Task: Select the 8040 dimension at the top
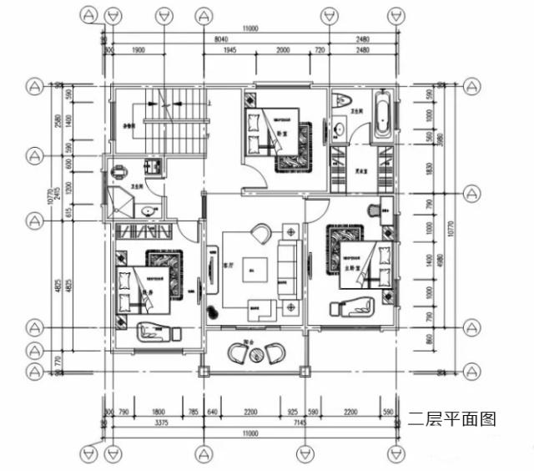click(x=222, y=39)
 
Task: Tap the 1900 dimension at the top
click(x=139, y=50)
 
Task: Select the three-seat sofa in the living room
click(x=289, y=268)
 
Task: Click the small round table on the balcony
click(x=256, y=355)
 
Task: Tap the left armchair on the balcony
click(x=238, y=353)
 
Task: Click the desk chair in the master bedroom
click(x=374, y=208)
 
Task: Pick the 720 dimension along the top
click(x=318, y=50)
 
